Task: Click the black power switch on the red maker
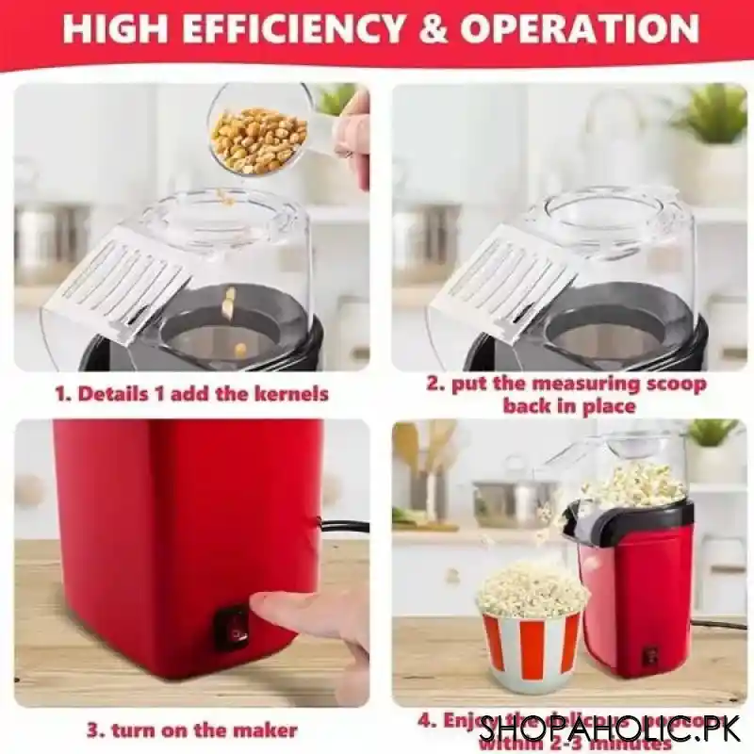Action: [233, 626]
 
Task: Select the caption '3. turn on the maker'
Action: [192, 729]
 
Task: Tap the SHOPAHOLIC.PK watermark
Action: [613, 728]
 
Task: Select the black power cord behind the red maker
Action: [345, 526]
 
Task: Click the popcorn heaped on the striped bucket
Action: [532, 590]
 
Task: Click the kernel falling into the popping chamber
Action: [228, 303]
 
